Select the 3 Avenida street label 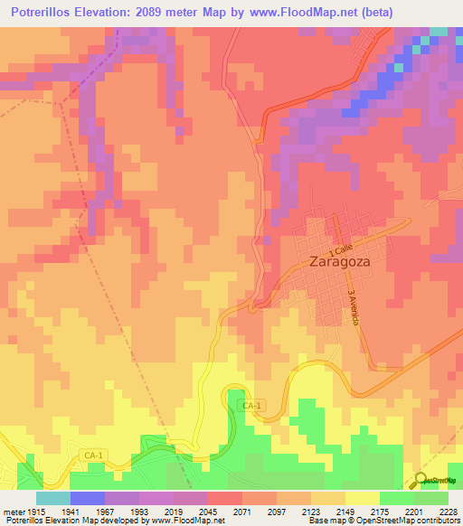tap(354, 309)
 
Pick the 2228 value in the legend tap(447, 511)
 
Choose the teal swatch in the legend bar tap(52, 498)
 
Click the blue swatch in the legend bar tap(87, 498)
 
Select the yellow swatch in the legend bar tap(362, 498)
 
